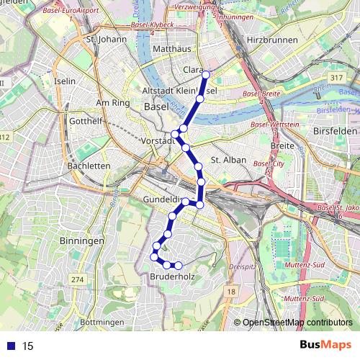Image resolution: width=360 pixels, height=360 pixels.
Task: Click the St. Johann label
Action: coord(105,39)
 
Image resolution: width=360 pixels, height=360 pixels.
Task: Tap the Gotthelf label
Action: coord(85,121)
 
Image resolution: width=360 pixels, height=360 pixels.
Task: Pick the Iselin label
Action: coord(65,81)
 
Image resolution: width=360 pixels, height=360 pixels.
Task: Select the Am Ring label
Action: coord(112,103)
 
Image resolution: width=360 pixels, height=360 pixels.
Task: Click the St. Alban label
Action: coord(228,160)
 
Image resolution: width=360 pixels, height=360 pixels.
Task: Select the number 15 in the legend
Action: coord(28,346)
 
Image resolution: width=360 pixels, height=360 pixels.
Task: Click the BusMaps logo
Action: coord(325,345)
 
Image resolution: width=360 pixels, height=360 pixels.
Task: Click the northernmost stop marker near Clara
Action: coord(206,74)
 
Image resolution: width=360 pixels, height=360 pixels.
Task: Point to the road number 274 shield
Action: coord(78,279)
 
